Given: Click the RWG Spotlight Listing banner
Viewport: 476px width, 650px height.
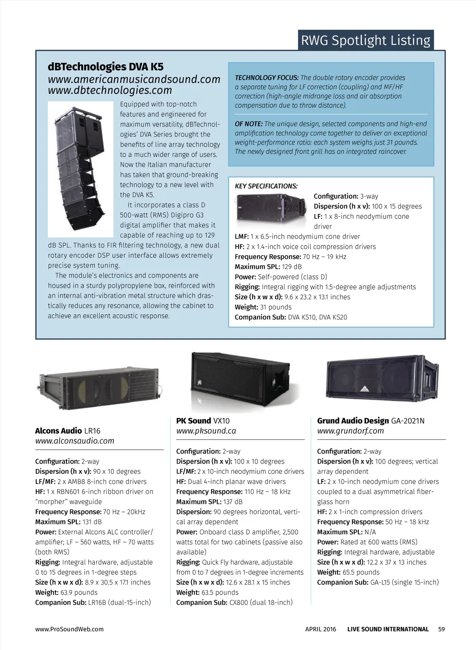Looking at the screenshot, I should pos(366,40).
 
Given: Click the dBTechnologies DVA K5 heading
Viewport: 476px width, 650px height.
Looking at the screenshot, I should pos(106,67).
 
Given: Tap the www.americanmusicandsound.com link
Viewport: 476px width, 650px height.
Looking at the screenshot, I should pos(134,80).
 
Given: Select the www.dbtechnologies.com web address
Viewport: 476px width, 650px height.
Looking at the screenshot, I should pos(110,90).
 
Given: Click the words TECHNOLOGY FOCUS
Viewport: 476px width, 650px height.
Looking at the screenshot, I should pos(267,78).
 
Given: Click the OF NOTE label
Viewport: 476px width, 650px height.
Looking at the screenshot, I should pos(249,124).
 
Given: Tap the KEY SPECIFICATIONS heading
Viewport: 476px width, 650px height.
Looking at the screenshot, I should pos(266,186).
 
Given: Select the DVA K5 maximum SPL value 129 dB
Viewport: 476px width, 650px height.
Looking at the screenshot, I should pos(292,267).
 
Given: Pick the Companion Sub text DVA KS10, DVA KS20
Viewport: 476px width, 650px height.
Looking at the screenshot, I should pos(317,317).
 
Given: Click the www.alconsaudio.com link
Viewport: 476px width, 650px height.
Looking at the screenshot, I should pos(75,441).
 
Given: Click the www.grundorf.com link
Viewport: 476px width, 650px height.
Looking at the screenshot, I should pos(350,431).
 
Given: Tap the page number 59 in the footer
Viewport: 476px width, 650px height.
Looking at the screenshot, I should pos(441,629).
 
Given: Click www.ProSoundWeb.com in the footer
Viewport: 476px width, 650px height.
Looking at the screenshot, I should pos(69,629).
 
